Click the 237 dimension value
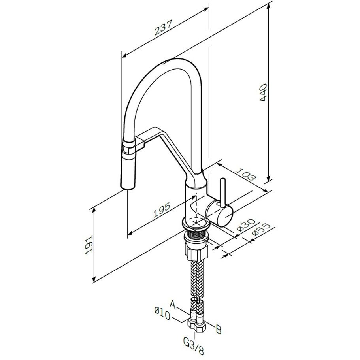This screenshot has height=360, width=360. (163, 28)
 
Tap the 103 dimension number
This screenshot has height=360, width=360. (246, 174)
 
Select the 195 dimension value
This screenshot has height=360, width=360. (162, 210)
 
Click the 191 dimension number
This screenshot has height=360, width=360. (89, 245)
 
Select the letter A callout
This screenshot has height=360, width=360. (173, 305)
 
